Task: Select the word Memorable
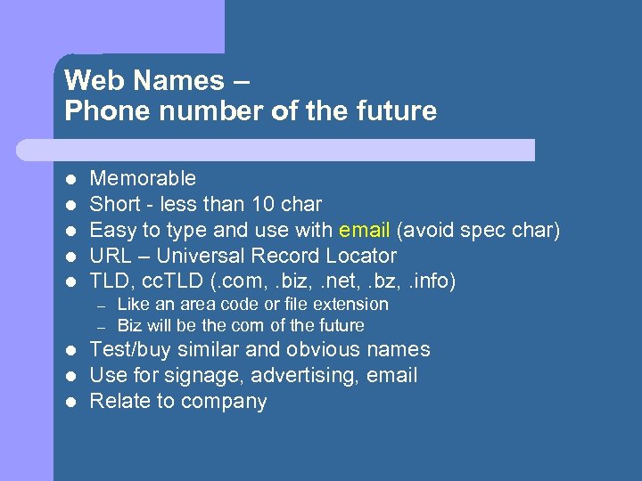pos(143,178)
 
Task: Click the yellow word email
pos(365,230)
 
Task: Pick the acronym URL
pos(111,256)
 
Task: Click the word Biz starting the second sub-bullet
pos(131,325)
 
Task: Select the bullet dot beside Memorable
pos(70,179)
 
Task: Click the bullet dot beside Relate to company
pos(70,402)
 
